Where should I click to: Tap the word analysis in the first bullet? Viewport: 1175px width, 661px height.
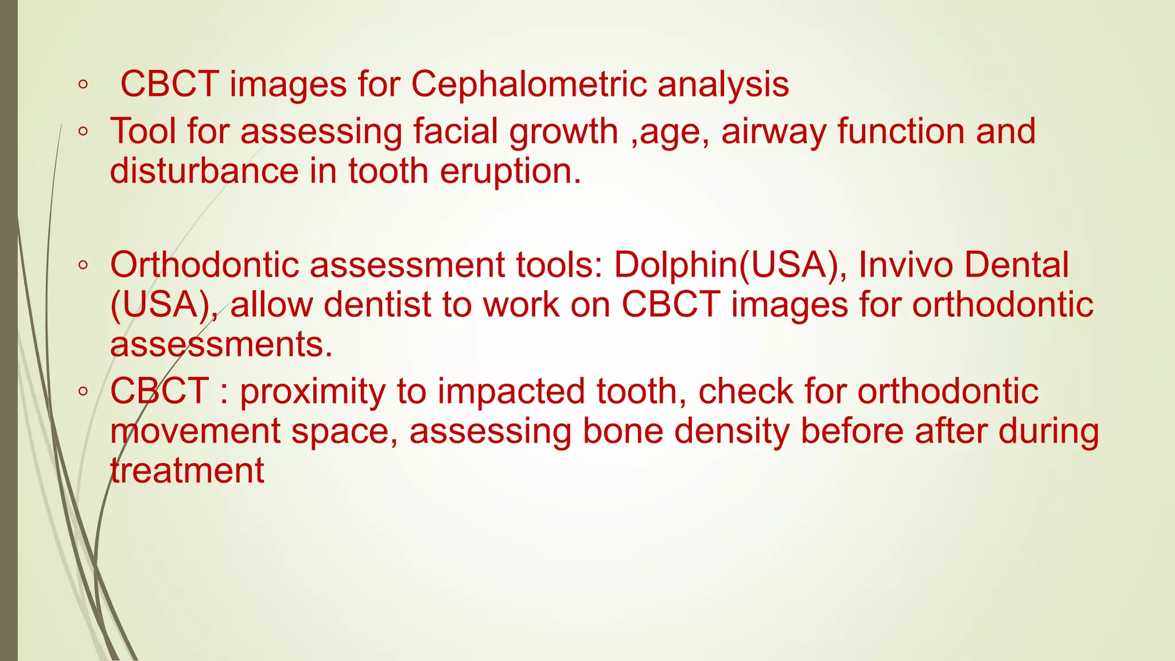tap(723, 85)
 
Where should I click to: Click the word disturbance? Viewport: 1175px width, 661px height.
tap(204, 171)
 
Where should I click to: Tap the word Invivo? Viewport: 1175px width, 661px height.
tap(905, 265)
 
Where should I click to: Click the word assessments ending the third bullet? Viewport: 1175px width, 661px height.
tap(221, 345)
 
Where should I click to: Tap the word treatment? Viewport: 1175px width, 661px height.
tap(187, 471)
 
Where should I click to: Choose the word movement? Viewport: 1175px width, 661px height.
tap(195, 431)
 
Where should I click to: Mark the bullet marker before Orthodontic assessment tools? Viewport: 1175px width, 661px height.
tap(83, 266)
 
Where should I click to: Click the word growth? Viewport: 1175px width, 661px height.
tap(563, 132)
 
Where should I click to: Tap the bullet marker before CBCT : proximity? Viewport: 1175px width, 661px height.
tap(83, 392)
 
